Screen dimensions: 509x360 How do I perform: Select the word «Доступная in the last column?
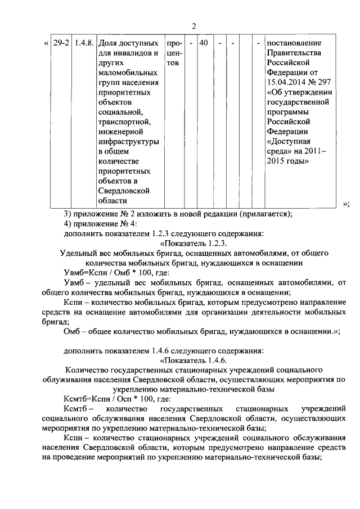(x=289, y=140)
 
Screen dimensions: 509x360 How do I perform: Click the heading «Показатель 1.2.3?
(x=193, y=243)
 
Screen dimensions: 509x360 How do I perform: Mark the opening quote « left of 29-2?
(x=46, y=43)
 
